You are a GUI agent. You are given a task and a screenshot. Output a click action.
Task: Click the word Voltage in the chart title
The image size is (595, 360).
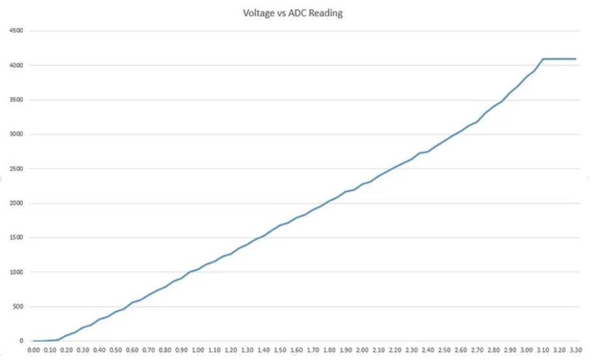point(259,13)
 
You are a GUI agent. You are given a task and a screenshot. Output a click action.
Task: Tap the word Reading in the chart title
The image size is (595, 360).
point(326,13)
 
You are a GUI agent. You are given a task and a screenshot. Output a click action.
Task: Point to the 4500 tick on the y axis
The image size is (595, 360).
point(16,31)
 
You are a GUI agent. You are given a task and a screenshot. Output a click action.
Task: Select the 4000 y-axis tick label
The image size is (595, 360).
point(16,66)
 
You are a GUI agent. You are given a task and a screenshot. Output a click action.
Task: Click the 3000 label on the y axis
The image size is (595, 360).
point(16,134)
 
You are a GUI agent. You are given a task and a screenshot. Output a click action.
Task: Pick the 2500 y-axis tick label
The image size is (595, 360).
point(16,169)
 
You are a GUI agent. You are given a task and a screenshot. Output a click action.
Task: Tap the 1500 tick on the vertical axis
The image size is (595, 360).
point(16,237)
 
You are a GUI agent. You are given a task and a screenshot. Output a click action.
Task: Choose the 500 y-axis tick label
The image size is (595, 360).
point(17,307)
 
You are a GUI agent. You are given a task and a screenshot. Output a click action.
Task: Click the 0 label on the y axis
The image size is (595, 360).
point(21,341)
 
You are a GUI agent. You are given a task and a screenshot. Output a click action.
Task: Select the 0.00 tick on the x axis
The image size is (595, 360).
point(33,350)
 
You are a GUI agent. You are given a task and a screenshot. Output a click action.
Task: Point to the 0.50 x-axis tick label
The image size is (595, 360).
point(116,350)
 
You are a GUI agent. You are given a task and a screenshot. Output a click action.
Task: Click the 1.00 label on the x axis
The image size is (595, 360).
point(198,350)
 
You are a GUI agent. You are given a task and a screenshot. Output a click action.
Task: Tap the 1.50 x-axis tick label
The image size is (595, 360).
point(280,350)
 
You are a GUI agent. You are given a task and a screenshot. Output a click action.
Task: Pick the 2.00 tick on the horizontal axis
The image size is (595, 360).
point(362,350)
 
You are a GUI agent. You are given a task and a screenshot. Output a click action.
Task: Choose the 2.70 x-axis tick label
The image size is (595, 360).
point(477,350)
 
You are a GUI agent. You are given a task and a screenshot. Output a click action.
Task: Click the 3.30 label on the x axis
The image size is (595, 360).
point(576,350)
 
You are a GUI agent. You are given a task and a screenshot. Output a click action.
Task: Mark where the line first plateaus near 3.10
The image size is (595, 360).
point(543,59)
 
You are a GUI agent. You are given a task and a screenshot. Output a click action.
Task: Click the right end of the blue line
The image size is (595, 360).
point(576,59)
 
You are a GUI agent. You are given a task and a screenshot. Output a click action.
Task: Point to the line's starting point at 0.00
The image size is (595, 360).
point(33,341)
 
